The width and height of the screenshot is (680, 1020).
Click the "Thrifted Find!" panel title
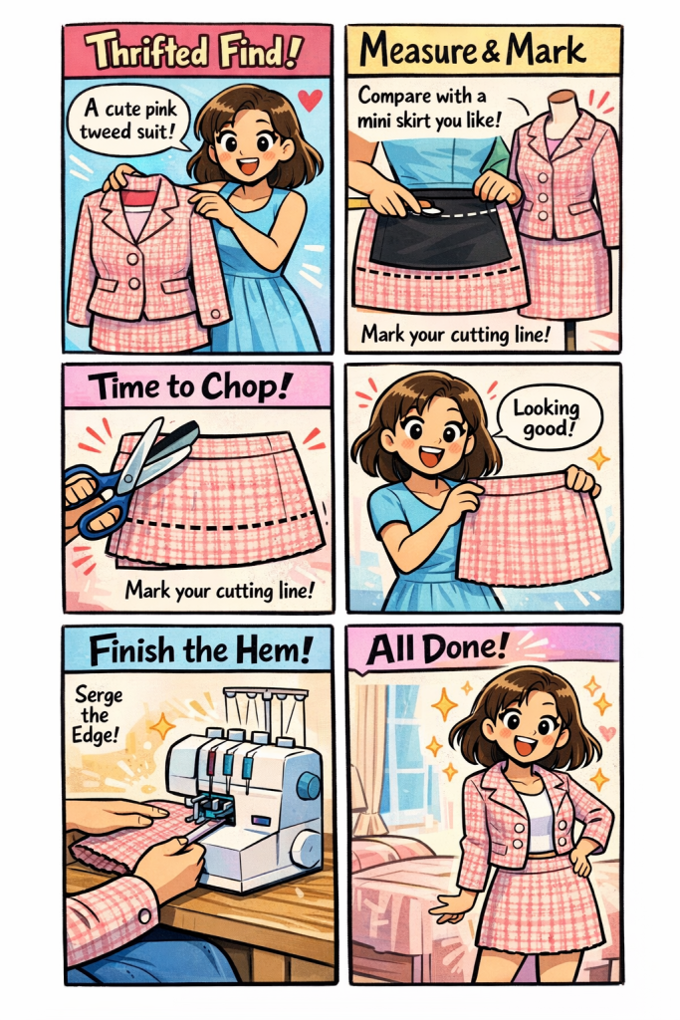[x=193, y=51]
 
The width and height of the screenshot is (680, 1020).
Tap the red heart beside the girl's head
[x=310, y=101]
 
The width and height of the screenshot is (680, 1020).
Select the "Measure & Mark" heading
[x=473, y=50]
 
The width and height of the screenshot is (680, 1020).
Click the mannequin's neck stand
[x=563, y=105]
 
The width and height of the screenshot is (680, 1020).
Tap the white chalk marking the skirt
[x=428, y=209]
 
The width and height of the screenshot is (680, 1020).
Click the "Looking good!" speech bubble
[x=546, y=417]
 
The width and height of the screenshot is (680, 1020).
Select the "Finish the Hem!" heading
[x=201, y=649]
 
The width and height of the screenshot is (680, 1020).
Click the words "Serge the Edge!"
[x=98, y=714]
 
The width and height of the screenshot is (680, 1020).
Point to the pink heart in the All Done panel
[x=606, y=733]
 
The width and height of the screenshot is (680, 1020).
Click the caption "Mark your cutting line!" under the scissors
[x=220, y=591]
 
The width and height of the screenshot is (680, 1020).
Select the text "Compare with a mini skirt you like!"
[x=430, y=108]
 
